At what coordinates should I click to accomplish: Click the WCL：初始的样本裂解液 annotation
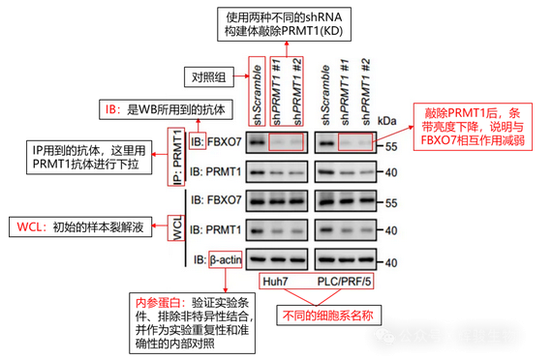[x=80, y=228]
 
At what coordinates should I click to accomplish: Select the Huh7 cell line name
[x=277, y=282]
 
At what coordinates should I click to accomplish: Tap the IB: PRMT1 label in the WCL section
[x=216, y=230]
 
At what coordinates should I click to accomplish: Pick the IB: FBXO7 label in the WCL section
[x=216, y=202]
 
